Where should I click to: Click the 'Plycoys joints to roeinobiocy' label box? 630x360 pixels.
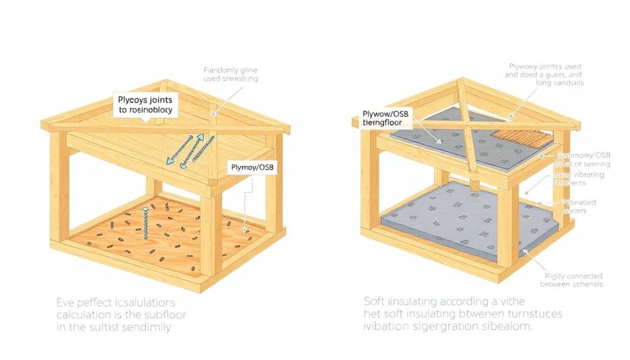[x=145, y=105]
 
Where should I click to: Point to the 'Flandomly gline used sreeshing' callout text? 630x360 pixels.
[x=230, y=74]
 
